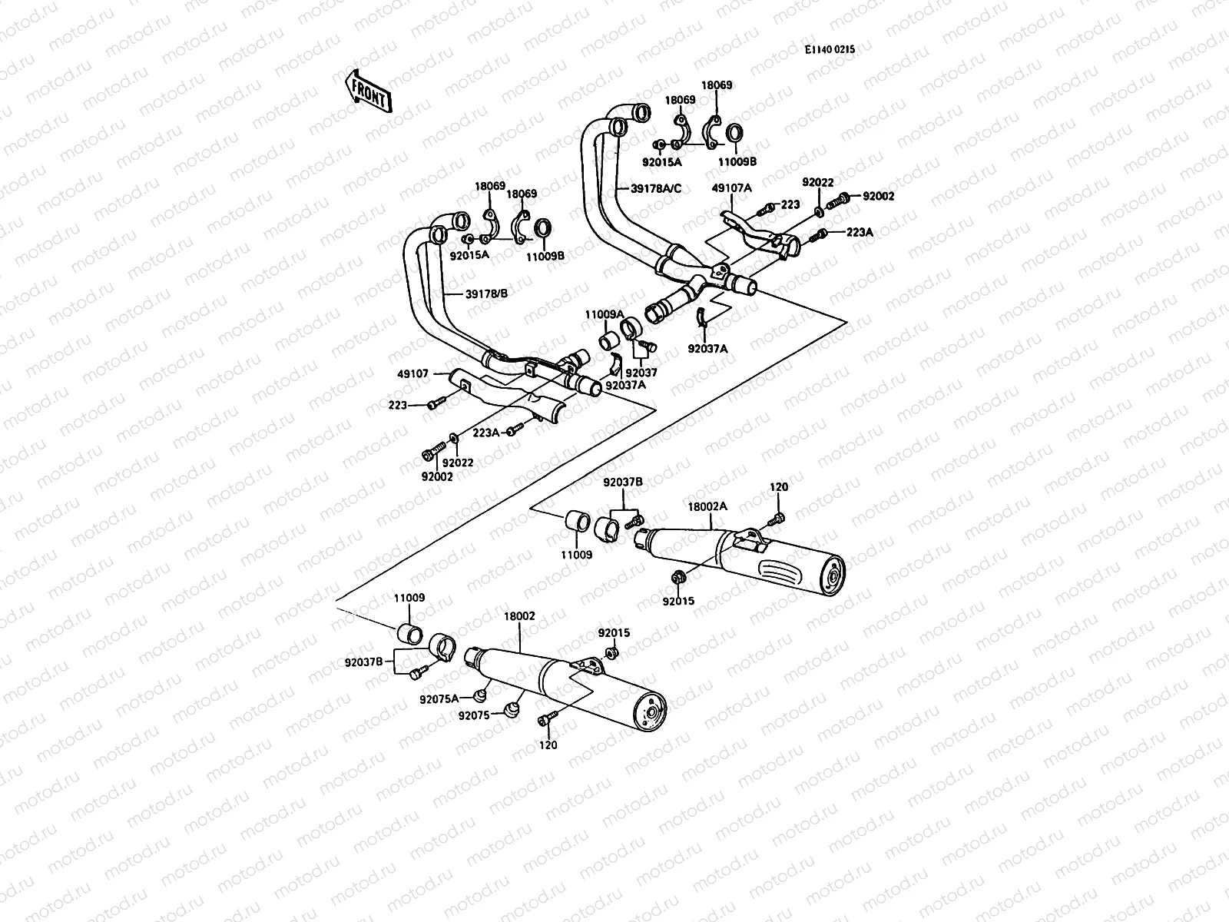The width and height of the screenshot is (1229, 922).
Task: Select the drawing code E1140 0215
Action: point(830,49)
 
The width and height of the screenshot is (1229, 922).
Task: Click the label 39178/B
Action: point(486,293)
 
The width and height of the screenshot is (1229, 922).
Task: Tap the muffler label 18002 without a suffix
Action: point(519,616)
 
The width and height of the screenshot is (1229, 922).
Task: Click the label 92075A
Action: point(439,699)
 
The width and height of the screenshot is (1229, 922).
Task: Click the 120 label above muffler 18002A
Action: point(779,487)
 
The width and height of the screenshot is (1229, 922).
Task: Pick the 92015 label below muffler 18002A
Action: point(678,601)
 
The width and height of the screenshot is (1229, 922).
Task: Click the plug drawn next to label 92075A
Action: point(482,695)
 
